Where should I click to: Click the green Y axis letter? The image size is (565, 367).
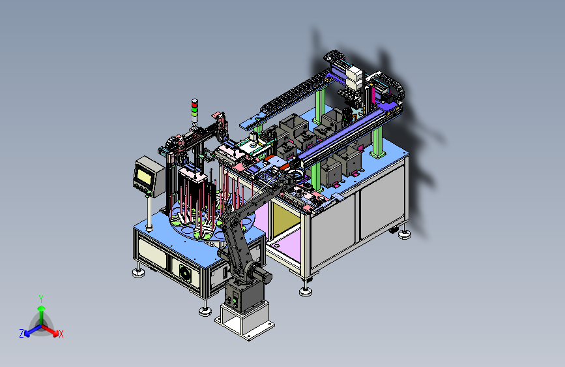pyautogui.click(x=41, y=299)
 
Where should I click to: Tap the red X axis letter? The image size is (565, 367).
pyautogui.click(x=61, y=334)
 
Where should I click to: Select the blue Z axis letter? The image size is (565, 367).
pyautogui.click(x=22, y=334)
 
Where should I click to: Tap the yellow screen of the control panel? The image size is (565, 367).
pyautogui.click(x=144, y=176)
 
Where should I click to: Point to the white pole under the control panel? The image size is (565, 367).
pyautogui.click(x=149, y=212)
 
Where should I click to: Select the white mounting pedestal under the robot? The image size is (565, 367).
pyautogui.click(x=244, y=321)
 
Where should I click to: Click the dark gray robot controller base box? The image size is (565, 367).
pyautogui.click(x=244, y=295)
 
